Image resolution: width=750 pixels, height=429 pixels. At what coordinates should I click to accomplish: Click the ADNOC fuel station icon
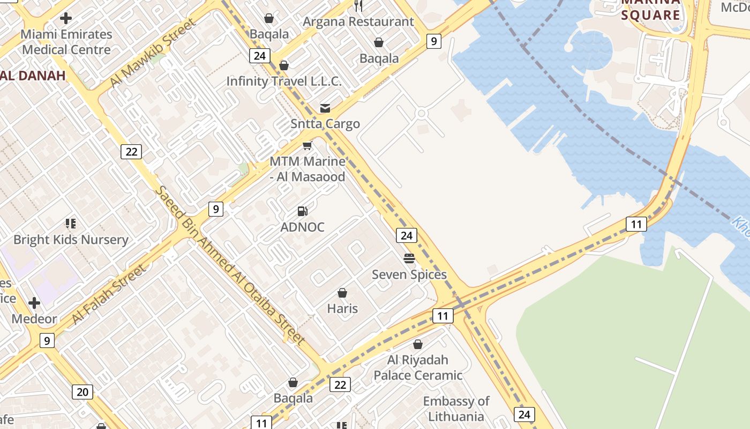pyautogui.click(x=303, y=211)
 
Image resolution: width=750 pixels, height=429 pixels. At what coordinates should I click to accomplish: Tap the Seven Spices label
pyautogui.click(x=409, y=275)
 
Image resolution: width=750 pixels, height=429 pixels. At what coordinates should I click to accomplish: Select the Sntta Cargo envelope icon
pyautogui.click(x=325, y=108)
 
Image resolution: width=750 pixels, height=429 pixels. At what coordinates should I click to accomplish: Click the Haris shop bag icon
pyautogui.click(x=342, y=293)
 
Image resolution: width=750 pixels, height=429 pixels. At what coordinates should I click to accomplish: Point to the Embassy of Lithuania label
pyautogui.click(x=456, y=409)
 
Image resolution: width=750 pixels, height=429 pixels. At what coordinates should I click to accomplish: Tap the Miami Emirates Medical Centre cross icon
pyautogui.click(x=66, y=18)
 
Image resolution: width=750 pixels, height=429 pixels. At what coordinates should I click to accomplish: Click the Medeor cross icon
pyautogui.click(x=34, y=303)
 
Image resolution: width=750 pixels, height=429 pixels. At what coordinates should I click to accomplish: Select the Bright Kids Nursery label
pyautogui.click(x=71, y=240)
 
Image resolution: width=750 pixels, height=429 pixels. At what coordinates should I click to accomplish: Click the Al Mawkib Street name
pyautogui.click(x=153, y=53)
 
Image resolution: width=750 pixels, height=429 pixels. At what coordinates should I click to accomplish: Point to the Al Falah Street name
pyautogui.click(x=109, y=294)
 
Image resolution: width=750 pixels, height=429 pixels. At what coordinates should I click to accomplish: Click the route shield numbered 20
pyautogui.click(x=82, y=392)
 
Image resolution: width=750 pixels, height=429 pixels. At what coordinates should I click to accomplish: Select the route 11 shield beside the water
pyautogui.click(x=636, y=224)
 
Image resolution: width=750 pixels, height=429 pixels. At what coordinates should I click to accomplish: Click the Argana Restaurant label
pyautogui.click(x=358, y=22)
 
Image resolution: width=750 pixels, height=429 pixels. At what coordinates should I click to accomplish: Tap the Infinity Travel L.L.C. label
pyautogui.click(x=284, y=81)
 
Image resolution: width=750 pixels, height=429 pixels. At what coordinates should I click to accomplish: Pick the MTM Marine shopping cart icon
pyautogui.click(x=307, y=145)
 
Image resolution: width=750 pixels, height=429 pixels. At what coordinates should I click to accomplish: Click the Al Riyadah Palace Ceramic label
pyautogui.click(x=418, y=367)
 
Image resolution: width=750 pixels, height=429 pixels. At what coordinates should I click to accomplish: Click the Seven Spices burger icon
pyautogui.click(x=409, y=259)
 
